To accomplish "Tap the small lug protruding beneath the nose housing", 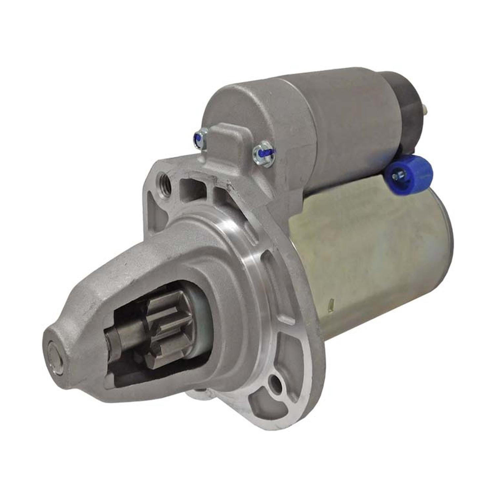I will click(x=198, y=393).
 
